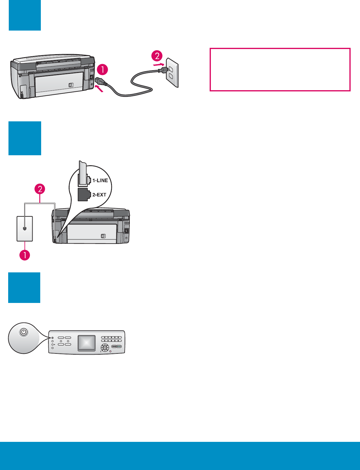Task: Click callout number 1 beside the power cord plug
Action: [x=103, y=70]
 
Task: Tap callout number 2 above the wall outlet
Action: [x=157, y=56]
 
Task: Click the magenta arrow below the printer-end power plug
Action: [x=101, y=89]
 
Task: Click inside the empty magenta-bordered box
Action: [x=280, y=69]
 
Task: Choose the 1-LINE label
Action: [x=100, y=180]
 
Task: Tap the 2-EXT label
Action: [x=99, y=195]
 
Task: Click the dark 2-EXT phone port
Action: [x=83, y=195]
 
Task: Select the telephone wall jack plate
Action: [x=25, y=229]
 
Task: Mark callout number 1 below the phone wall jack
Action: [x=25, y=255]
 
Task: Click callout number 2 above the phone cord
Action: [x=40, y=189]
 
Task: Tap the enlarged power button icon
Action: [x=24, y=332]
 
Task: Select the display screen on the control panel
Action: [x=87, y=343]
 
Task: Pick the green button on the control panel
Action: [x=119, y=346]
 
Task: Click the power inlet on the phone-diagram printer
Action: [x=126, y=231]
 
